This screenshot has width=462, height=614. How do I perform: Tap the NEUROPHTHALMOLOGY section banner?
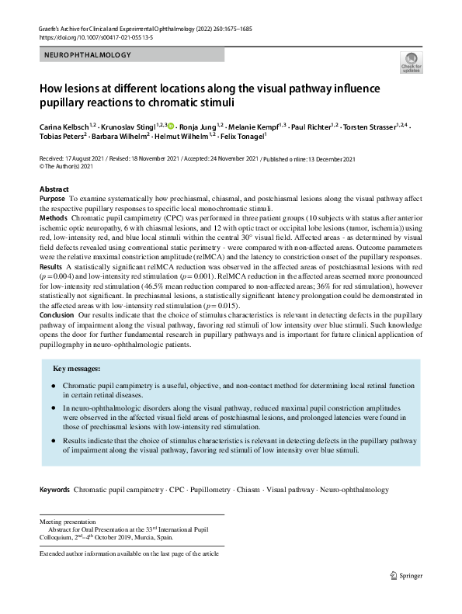pyautogui.click(x=88, y=55)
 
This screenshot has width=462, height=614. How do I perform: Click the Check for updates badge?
pyautogui.click(x=412, y=63)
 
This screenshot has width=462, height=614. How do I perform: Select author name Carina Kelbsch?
pyautogui.click(x=64, y=125)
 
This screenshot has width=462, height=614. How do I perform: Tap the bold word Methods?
pyautogui.click(x=54, y=220)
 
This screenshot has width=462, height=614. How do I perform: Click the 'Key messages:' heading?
pyautogui.click(x=76, y=368)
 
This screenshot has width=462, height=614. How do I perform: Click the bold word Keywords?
pyautogui.click(x=55, y=490)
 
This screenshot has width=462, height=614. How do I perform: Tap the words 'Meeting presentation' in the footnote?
pyautogui.click(x=68, y=522)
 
